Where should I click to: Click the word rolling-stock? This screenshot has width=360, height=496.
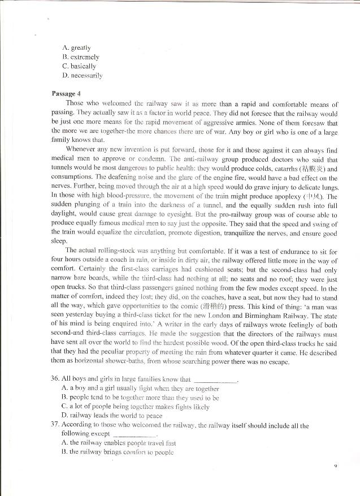point(125,251)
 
